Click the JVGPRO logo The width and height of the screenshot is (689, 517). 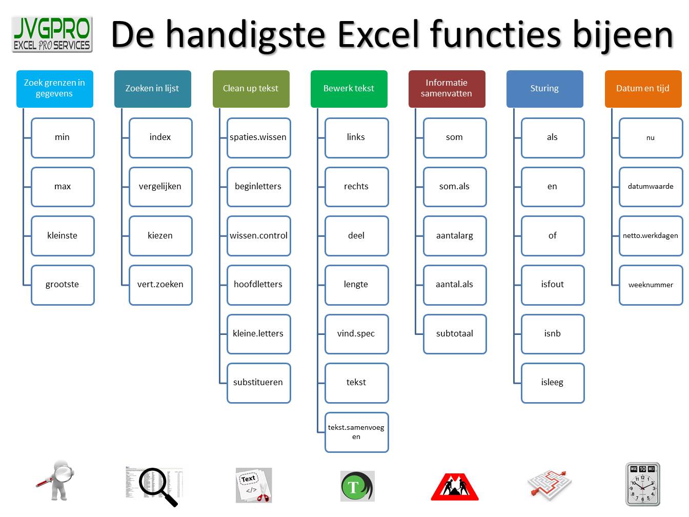(52, 34)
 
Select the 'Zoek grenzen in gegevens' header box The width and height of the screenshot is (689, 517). (55, 89)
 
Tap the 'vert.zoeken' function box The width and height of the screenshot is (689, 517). (160, 285)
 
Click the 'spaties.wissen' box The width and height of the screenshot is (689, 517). (258, 137)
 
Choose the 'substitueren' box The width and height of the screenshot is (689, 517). (258, 383)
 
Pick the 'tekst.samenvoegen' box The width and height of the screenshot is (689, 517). (356, 432)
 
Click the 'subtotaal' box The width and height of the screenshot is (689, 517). (455, 334)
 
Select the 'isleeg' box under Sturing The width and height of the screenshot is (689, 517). (553, 383)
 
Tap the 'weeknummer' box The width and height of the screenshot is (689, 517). (651, 285)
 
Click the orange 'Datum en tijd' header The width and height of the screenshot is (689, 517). (643, 89)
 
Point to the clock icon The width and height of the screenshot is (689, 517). (642, 485)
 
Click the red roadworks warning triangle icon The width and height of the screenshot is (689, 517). (455, 486)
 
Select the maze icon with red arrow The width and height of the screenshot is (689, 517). (550, 484)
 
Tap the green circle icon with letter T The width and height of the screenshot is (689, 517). (357, 486)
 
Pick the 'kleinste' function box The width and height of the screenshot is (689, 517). (63, 236)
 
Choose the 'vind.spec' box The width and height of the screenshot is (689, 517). (356, 334)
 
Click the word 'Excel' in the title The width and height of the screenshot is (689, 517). (380, 35)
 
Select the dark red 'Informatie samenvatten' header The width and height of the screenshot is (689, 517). (447, 89)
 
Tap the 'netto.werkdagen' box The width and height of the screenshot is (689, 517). (651, 236)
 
